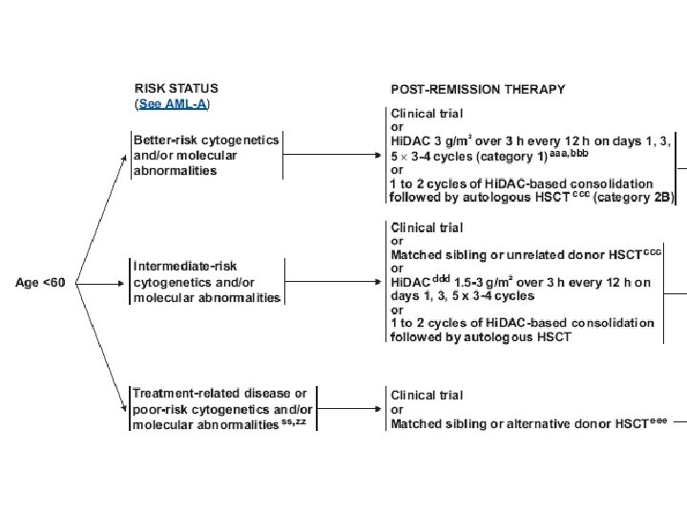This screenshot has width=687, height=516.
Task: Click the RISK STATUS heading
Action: (176, 88)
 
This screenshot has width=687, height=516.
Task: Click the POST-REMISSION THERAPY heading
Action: (478, 89)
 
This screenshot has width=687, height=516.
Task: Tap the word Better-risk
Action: (166, 140)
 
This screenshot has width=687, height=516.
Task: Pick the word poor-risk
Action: (159, 409)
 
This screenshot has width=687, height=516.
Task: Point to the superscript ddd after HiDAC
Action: (442, 279)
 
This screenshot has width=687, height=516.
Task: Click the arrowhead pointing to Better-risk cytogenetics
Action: (124, 156)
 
